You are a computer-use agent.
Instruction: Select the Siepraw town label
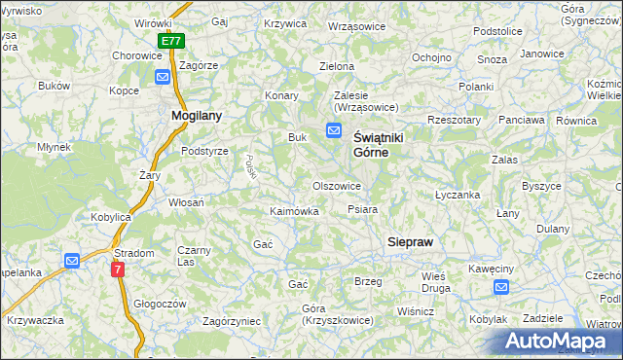(x=410, y=240)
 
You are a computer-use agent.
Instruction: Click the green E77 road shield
(x=171, y=42)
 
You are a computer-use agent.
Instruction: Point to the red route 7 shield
(x=118, y=270)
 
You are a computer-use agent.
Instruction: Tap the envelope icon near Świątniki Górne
(x=334, y=131)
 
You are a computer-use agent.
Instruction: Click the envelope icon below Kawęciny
(x=500, y=287)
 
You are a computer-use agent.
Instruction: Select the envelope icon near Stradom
(x=72, y=261)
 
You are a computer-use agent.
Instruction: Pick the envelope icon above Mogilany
(x=162, y=77)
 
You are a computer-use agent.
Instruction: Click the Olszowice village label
(x=337, y=186)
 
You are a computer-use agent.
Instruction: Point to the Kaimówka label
(x=294, y=211)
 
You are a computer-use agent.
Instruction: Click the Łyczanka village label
(x=458, y=195)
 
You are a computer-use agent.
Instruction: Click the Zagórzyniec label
(x=231, y=320)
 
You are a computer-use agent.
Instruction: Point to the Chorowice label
(x=136, y=56)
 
